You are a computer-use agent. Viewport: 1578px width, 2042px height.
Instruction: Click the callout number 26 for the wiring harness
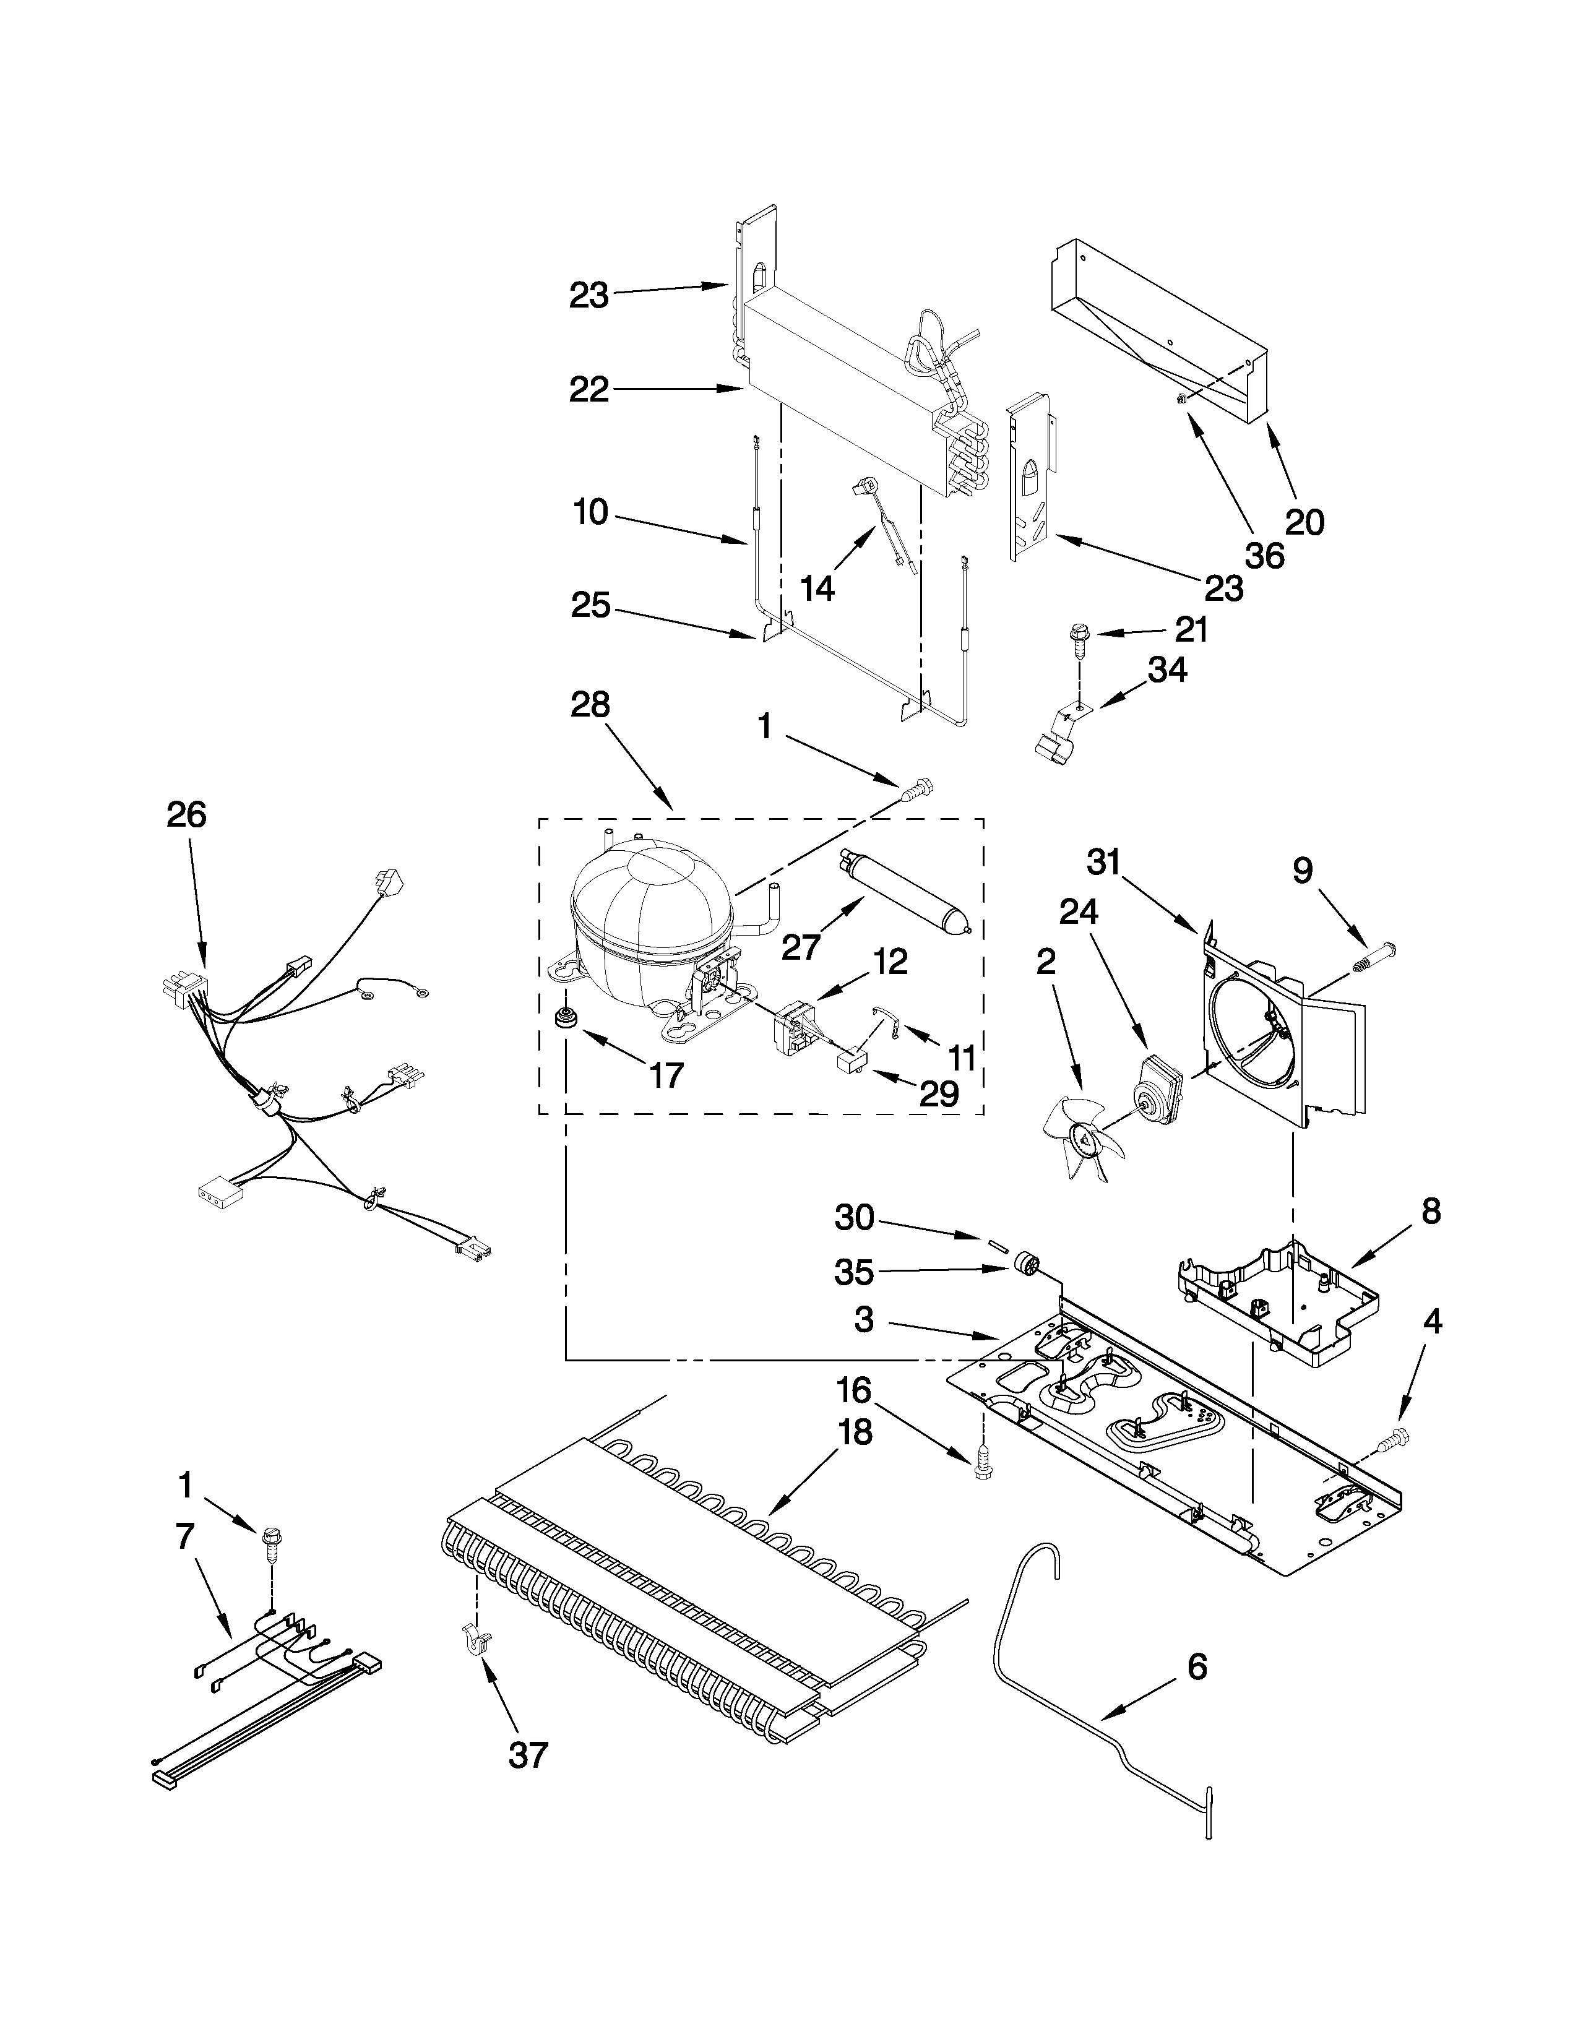pos(186,816)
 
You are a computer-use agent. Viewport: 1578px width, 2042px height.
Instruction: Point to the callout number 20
pos(1305,521)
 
